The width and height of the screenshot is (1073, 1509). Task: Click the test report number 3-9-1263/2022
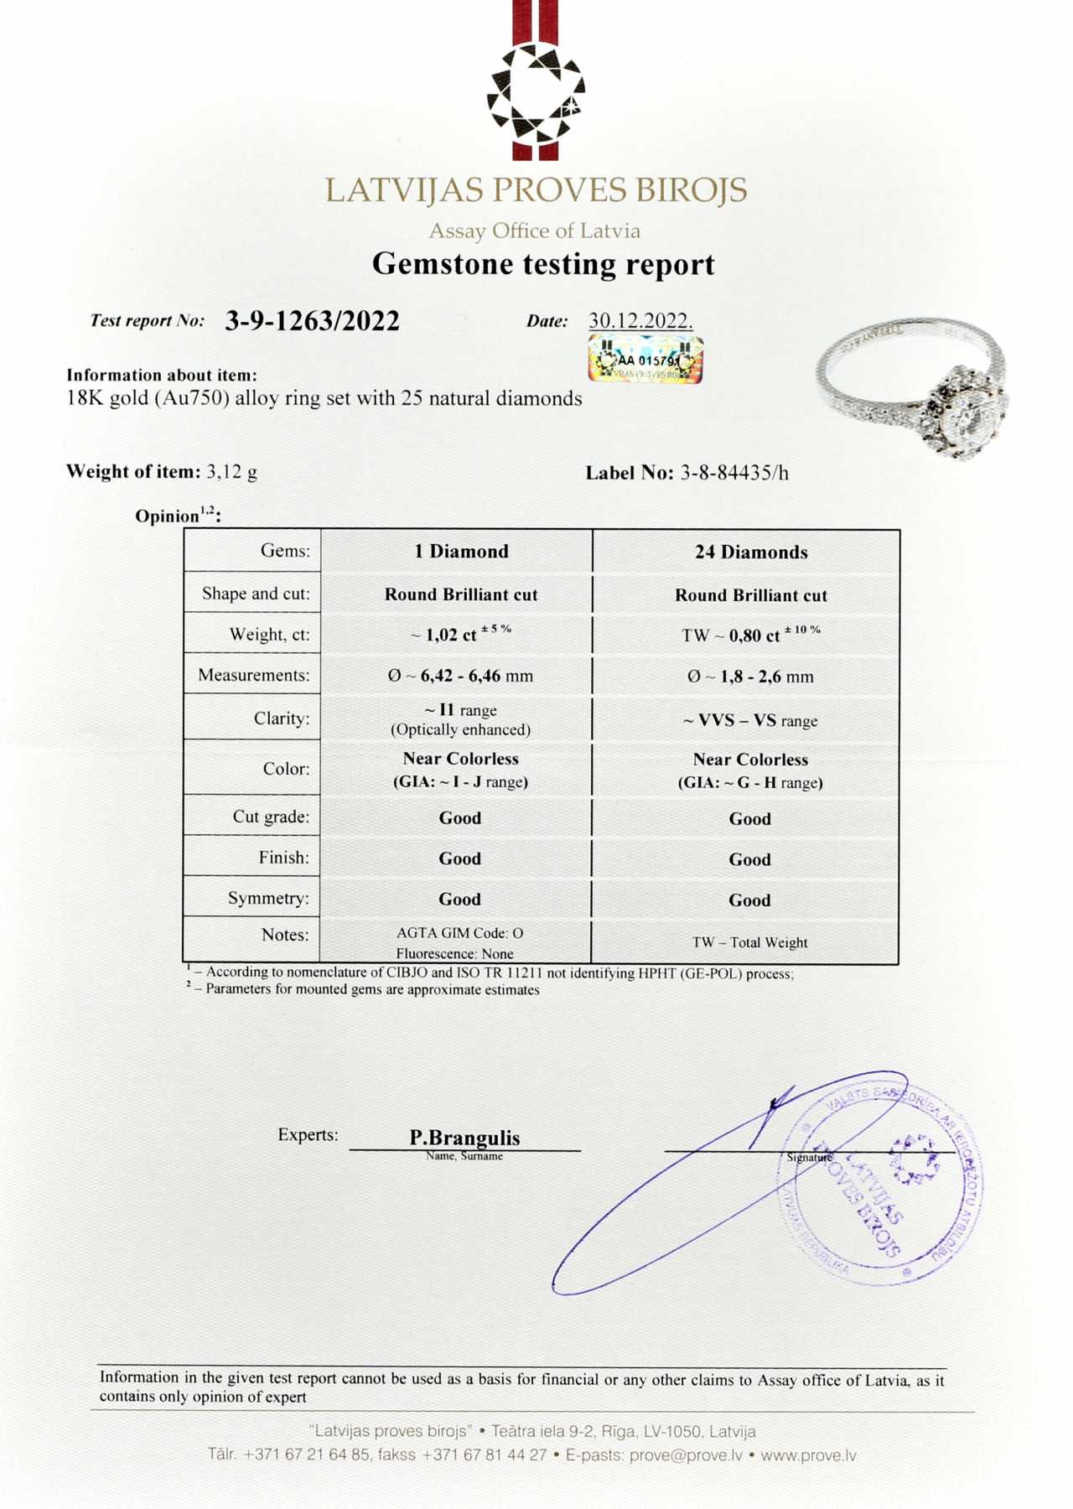[x=312, y=321]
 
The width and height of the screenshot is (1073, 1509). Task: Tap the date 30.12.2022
[x=640, y=321]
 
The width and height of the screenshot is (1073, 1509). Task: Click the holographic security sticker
[x=645, y=360]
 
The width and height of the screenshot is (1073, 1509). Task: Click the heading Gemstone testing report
[x=543, y=264]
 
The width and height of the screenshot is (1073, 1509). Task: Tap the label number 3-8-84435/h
[x=733, y=473]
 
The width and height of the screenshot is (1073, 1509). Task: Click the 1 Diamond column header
[x=461, y=552]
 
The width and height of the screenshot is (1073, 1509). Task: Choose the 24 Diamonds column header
[x=751, y=552]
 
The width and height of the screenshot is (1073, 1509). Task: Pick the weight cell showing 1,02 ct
[x=460, y=635]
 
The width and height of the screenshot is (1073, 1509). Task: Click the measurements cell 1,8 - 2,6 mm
[x=750, y=677]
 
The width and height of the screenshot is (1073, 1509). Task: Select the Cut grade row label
[x=271, y=817]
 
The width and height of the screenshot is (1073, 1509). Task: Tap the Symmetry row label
[x=268, y=899]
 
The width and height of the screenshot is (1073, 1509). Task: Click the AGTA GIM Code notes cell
[x=459, y=933]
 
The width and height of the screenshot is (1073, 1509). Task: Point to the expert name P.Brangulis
[x=464, y=1138]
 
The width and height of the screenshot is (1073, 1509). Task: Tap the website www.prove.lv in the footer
[x=808, y=1455]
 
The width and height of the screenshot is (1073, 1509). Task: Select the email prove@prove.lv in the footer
[x=686, y=1455]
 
